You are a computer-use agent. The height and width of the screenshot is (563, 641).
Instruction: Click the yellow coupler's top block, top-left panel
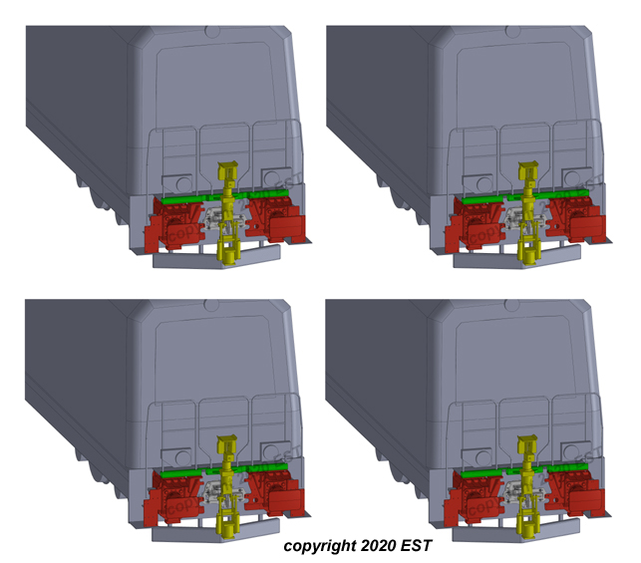[227, 168]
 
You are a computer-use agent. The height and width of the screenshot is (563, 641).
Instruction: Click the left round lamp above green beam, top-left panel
[176, 182]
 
